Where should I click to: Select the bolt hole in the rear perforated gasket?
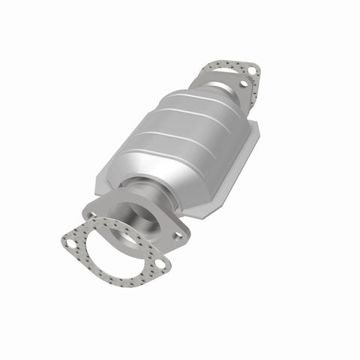point(252,71)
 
